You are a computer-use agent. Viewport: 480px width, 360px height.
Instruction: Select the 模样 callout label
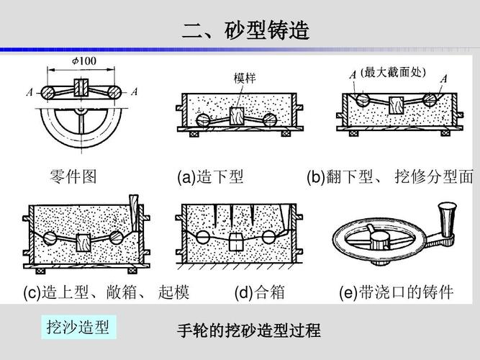pyautogui.click(x=245, y=78)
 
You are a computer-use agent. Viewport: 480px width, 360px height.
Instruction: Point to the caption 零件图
pyautogui.click(x=73, y=176)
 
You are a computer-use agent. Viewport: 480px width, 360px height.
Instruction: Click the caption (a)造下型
pyautogui.click(x=210, y=176)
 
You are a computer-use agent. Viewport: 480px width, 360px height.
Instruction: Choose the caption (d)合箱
pyautogui.click(x=259, y=292)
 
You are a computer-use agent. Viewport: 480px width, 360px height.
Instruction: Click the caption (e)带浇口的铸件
pyautogui.click(x=396, y=292)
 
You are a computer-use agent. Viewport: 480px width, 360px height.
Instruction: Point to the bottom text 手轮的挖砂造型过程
pyautogui.click(x=249, y=332)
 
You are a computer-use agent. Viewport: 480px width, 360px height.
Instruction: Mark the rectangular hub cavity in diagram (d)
pyautogui.click(x=235, y=241)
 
